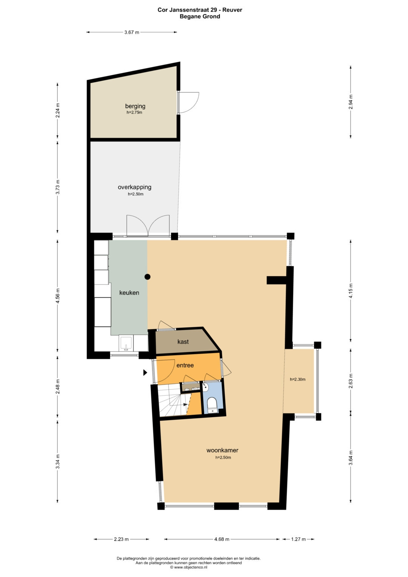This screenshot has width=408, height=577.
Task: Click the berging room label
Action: click(135, 106)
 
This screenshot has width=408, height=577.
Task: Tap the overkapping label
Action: click(134, 187)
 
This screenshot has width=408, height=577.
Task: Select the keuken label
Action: click(129, 292)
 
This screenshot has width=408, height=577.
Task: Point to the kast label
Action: click(183, 342)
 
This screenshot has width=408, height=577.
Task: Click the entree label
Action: click(185, 365)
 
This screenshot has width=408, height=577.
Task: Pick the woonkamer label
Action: click(222, 450)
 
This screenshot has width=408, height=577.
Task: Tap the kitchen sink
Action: click(126, 343)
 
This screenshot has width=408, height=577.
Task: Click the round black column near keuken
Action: click(147, 277)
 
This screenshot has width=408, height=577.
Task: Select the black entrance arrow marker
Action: click(145, 373)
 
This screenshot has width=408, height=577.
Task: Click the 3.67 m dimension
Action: click(131, 32)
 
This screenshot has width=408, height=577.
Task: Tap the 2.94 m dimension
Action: click(351, 102)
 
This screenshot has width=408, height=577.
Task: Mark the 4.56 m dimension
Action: click(57, 295)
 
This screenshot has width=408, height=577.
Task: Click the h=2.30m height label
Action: click(298, 379)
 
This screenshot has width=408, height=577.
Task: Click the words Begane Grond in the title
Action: click(200, 17)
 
